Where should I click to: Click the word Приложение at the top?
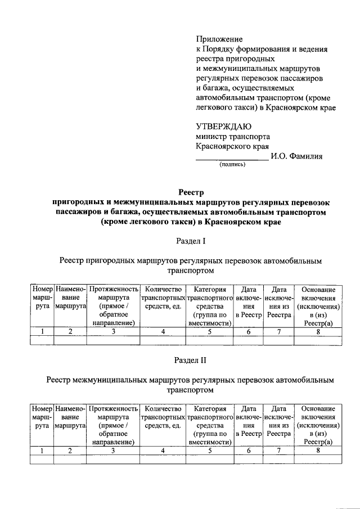[219, 39]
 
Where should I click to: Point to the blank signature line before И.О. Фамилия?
[232, 159]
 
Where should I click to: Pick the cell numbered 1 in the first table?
[42, 332]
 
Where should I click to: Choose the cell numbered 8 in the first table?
[318, 332]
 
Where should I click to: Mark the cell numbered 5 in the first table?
[210, 332]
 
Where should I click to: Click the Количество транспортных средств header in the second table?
[163, 417]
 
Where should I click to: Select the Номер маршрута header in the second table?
[42, 417]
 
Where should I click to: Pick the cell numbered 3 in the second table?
[113, 451]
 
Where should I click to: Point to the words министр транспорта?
[232, 136]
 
